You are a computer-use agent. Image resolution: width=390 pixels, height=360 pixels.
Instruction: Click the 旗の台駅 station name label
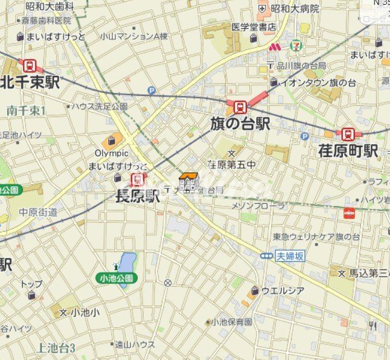coord(240,124)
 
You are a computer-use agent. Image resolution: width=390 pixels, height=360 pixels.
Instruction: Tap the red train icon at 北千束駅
coord(27,65)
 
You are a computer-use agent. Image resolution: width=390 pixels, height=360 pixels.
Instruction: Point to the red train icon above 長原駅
coord(138,178)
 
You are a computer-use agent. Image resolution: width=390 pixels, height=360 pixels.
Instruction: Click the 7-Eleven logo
coord(295,46)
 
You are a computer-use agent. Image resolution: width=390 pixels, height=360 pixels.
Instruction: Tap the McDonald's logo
coord(275,46)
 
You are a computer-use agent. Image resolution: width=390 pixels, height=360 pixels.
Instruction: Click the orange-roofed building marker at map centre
coord(188,181)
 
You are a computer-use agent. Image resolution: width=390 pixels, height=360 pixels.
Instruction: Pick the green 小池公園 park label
coord(117,278)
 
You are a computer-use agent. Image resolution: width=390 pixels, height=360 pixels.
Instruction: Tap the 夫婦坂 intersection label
coord(291,256)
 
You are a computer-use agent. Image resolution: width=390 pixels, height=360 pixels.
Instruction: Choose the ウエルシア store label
coord(283,291)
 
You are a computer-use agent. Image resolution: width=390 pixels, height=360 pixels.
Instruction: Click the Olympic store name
coord(112,153)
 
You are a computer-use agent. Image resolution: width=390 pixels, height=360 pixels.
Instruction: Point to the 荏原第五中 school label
coord(231,163)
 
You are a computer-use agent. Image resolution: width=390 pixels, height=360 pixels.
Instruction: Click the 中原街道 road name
coord(38,212)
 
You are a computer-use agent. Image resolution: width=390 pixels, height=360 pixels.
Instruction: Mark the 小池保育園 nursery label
coord(231,323)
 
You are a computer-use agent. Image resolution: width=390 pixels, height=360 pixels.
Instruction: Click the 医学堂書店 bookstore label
coord(253,27)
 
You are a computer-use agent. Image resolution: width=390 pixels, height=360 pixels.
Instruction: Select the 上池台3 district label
coord(56,347)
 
